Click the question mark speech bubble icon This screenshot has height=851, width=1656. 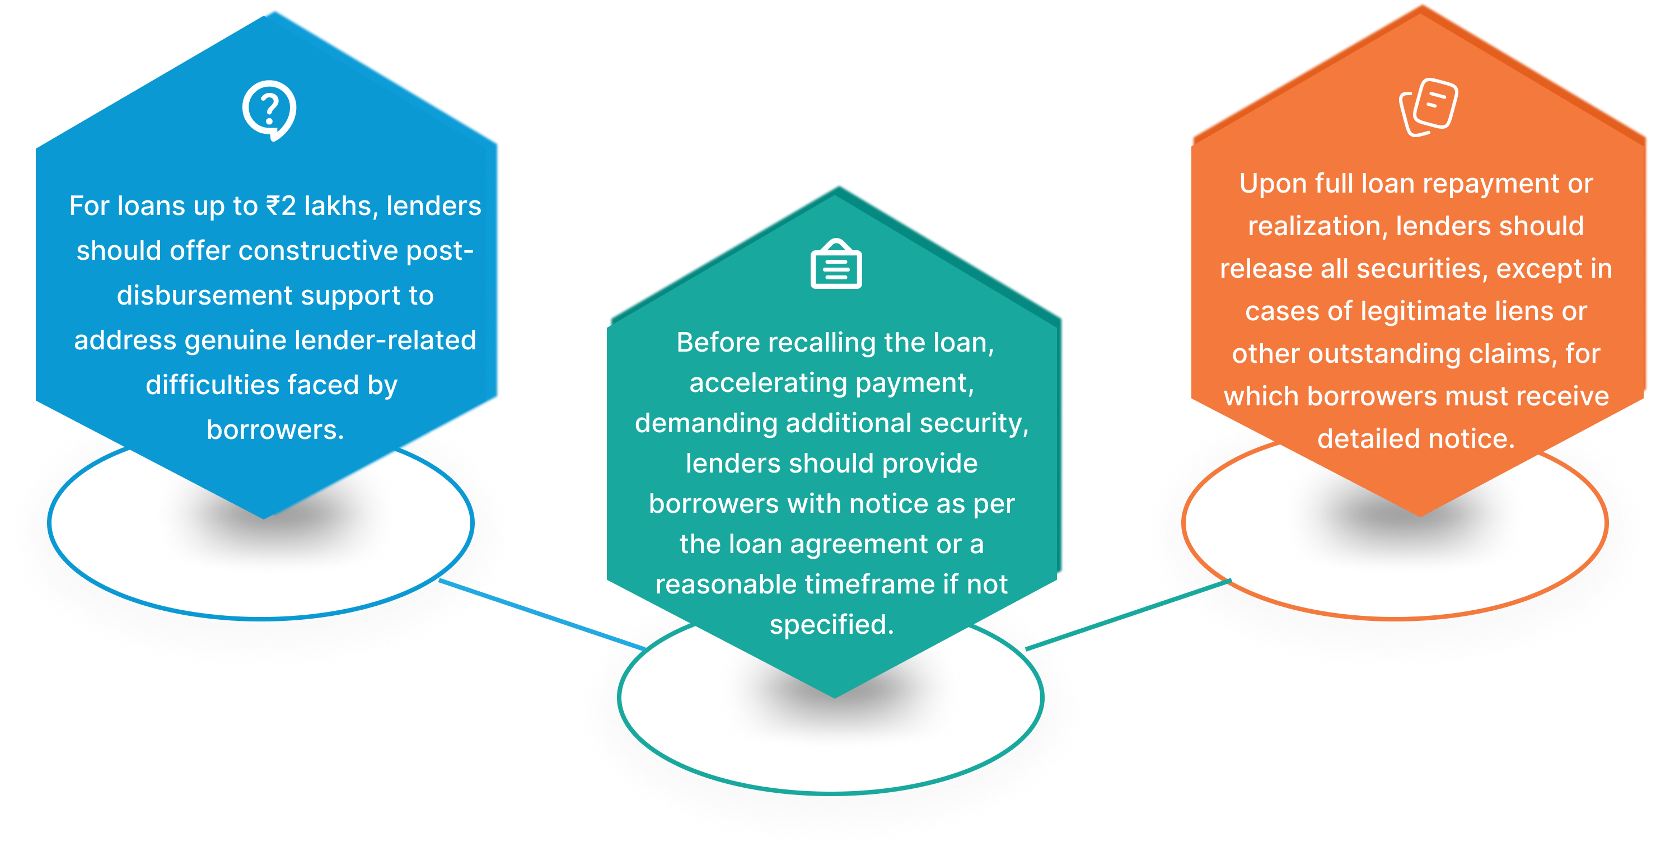[269, 110]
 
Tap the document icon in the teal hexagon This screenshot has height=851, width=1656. [836, 265]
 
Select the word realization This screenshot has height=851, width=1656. [1317, 226]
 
